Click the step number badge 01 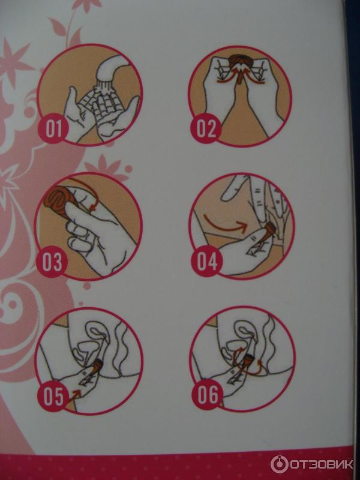[53, 128]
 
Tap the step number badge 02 [206, 128]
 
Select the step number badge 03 [52, 262]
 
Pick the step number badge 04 [207, 261]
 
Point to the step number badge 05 [53, 396]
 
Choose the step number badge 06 [208, 395]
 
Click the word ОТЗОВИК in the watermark [321, 464]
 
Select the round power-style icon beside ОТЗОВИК [279, 464]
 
